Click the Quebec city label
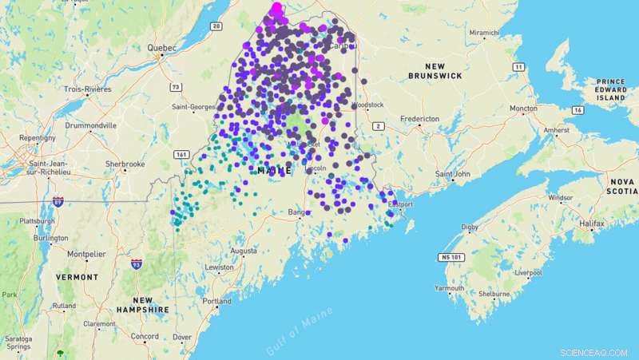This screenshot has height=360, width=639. click(161, 47)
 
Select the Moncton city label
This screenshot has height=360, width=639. click(524, 108)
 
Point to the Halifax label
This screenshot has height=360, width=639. click(593, 224)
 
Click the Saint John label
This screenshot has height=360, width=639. click(451, 173)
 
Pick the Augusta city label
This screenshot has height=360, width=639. click(243, 250)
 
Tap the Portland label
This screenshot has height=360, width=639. click(216, 301)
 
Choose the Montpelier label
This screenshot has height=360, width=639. click(85, 254)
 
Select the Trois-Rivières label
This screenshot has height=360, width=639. click(85, 89)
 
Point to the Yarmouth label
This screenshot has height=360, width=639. click(450, 287)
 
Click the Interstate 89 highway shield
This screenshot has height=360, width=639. click(58, 202)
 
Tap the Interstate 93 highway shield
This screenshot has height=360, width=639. click(137, 263)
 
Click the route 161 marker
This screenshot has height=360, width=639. click(181, 153)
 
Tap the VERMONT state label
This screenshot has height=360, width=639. click(77, 276)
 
